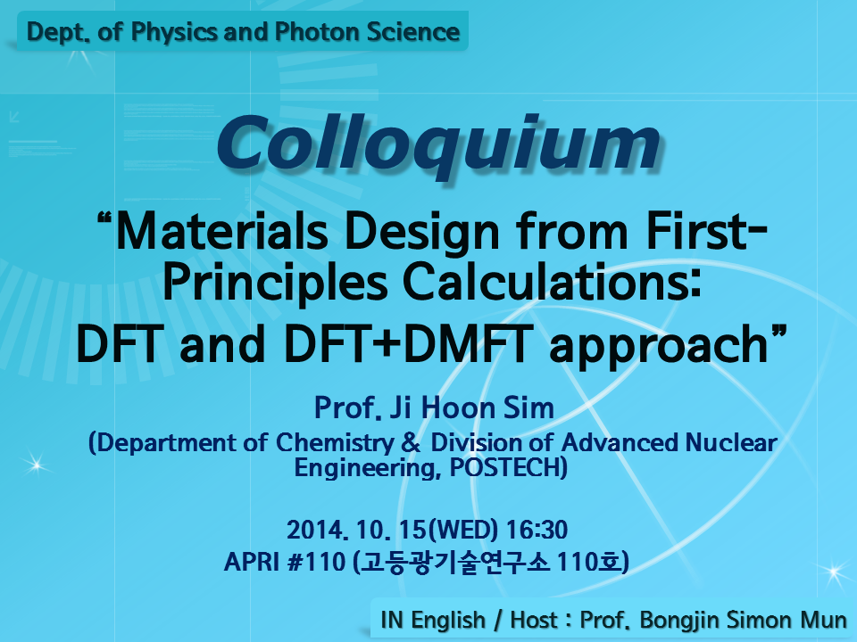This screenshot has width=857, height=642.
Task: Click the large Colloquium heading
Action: pos(438,144)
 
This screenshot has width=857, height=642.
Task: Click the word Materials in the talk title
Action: pos(222,232)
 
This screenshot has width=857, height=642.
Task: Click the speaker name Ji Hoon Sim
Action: pos(471,407)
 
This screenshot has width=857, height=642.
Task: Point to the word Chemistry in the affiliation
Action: pos(335,443)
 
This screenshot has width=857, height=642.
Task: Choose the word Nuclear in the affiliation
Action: pos(731,442)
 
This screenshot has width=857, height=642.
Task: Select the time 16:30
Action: pos(537,530)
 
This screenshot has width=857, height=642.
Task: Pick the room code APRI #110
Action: pos(285,561)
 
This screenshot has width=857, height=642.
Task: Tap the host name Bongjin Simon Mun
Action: pos(743,621)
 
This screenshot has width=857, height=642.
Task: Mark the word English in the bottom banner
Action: pos(448,621)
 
